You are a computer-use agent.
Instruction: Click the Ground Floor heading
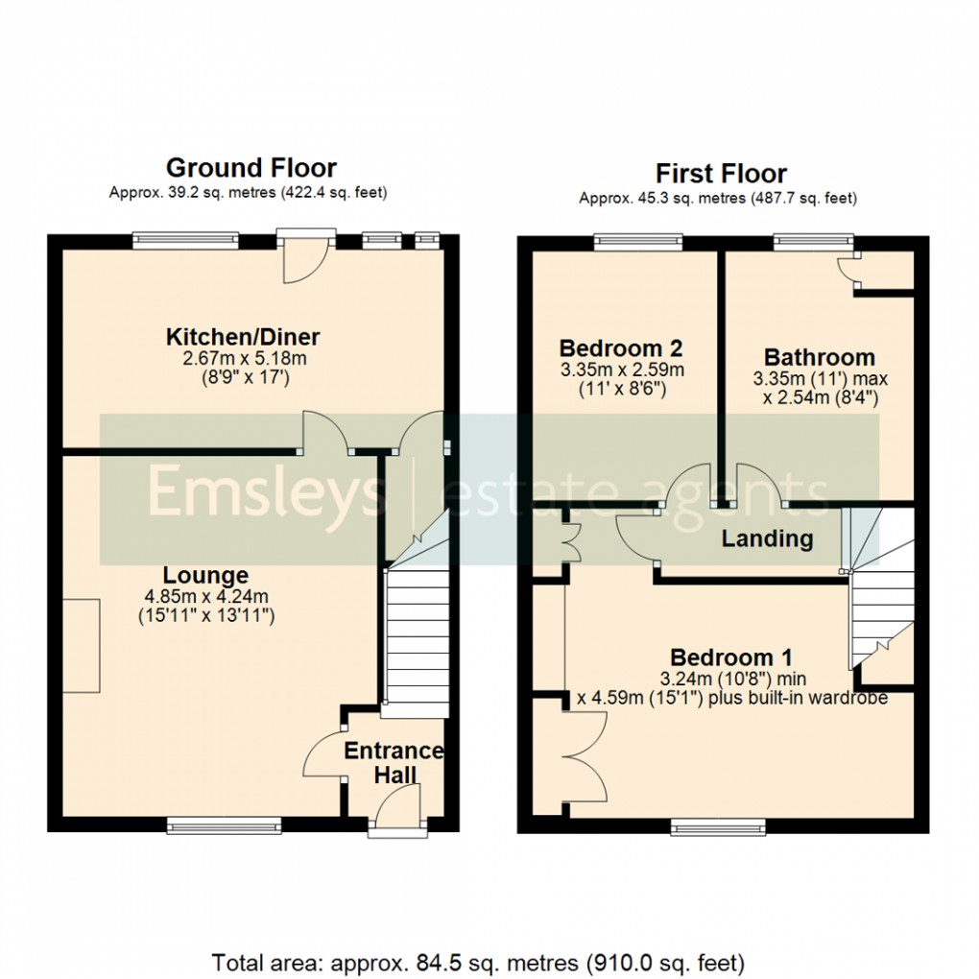(x=251, y=168)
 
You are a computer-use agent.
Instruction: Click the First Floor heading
(x=721, y=174)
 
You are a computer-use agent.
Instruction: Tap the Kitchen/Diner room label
(x=243, y=337)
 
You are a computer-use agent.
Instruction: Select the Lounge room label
(x=205, y=576)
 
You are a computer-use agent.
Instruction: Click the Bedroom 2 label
(x=621, y=347)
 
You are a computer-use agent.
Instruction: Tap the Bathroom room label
(x=819, y=357)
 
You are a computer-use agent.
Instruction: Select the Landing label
(x=767, y=538)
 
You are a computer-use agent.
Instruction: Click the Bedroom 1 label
(x=730, y=658)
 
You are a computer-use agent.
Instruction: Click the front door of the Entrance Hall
(x=397, y=806)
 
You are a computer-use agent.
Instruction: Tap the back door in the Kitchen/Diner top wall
(x=306, y=257)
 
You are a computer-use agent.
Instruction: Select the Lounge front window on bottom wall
(x=224, y=823)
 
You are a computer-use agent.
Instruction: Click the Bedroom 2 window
(x=637, y=240)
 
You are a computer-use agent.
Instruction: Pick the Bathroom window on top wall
(x=812, y=240)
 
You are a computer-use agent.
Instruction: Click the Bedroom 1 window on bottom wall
(x=718, y=824)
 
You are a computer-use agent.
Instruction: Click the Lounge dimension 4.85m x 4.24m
(x=205, y=597)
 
